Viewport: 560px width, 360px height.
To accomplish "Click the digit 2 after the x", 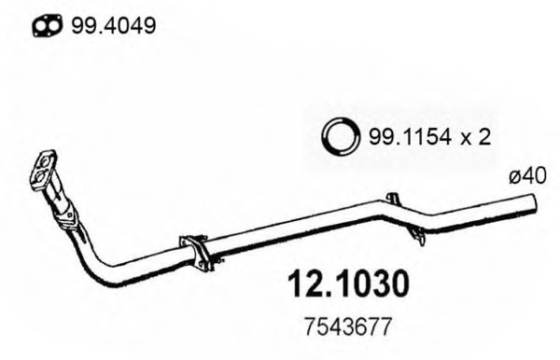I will (x=484, y=137).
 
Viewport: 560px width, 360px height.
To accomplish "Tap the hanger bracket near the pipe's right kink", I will (x=394, y=201).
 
